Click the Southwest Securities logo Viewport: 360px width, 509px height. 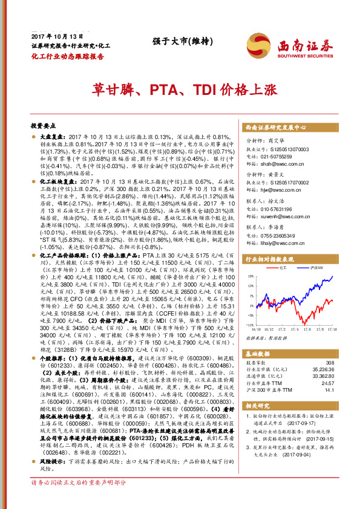(x=297, y=46)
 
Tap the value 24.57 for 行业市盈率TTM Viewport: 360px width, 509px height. (x=326, y=383)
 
